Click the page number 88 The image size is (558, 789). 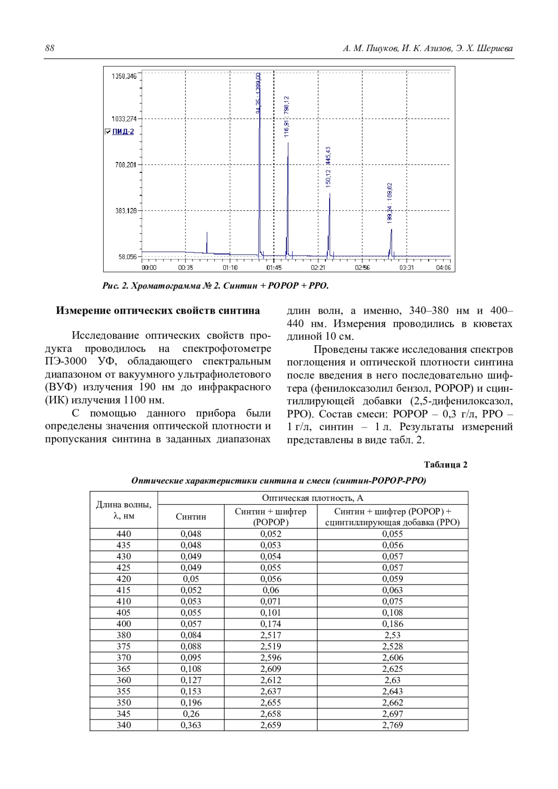50,48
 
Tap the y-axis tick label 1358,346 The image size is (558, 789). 124,76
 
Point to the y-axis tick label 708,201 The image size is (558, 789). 126,164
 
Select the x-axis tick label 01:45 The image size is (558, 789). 274,268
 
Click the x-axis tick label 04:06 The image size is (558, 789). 444,268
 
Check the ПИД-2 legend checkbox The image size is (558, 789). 108,132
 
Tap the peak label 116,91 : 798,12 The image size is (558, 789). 287,116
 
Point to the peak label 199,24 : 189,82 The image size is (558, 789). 390,203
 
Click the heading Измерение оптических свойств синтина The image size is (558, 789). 158,311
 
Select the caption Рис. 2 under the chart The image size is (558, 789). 215,286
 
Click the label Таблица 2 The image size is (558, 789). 445,465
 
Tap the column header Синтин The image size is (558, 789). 191,517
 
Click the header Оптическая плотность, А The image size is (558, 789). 312,498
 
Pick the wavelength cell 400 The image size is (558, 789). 124,624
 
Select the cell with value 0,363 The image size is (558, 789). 191,725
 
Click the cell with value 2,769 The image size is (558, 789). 392,725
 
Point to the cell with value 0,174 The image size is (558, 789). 271,624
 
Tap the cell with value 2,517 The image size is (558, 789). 271,635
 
